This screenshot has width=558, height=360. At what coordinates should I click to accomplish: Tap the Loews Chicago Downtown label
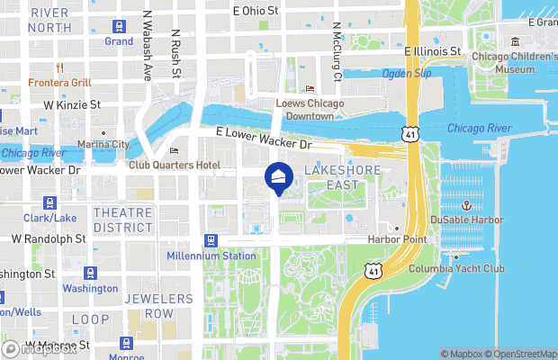point(310,110)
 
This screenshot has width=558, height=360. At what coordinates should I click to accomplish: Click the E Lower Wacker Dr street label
point(264,138)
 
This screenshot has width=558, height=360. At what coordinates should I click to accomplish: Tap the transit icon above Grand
point(119,27)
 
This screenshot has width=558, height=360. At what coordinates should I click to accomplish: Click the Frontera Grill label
point(60,83)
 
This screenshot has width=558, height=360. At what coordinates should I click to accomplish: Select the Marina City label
point(103,144)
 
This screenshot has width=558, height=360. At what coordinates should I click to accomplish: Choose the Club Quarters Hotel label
point(174,166)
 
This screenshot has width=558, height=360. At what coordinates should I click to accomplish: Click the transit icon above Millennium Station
point(211,240)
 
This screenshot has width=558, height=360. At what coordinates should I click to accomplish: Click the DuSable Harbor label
point(466,220)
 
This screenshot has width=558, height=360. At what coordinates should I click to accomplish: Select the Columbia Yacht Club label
point(456,269)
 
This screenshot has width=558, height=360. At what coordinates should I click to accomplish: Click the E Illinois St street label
point(433,53)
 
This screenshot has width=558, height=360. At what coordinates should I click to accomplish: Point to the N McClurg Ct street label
point(337,52)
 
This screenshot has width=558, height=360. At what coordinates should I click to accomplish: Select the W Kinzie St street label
point(72,105)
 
